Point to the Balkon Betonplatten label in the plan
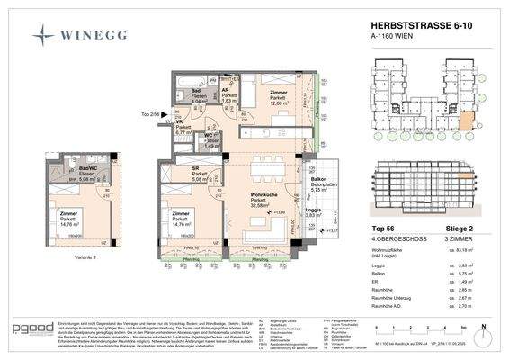[x=321, y=184]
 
